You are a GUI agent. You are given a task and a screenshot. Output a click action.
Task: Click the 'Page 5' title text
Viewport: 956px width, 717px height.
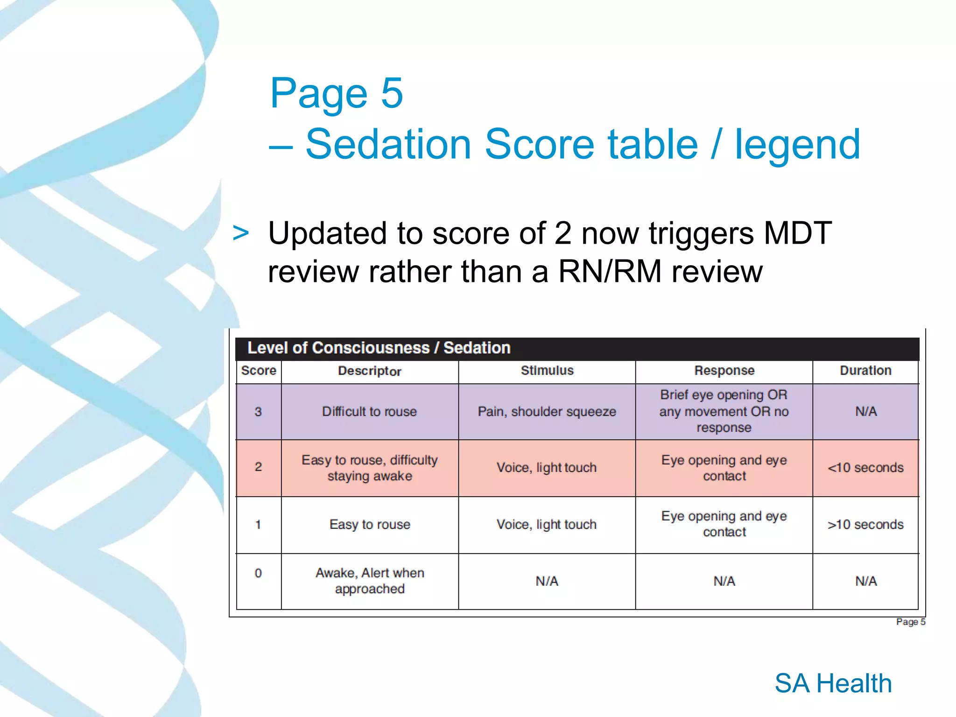click(x=336, y=94)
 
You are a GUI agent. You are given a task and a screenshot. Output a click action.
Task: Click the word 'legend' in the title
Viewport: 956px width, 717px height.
click(x=797, y=144)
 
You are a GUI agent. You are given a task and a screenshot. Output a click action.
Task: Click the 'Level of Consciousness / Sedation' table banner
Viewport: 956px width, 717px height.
click(x=379, y=348)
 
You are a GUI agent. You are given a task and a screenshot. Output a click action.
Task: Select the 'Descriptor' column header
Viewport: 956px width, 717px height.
click(x=369, y=371)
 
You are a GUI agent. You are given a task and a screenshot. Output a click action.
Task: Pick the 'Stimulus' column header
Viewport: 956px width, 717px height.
click(x=547, y=371)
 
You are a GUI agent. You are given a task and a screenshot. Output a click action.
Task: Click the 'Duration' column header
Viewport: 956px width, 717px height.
click(x=865, y=371)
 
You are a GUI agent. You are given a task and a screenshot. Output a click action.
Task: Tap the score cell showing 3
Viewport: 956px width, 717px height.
click(x=258, y=412)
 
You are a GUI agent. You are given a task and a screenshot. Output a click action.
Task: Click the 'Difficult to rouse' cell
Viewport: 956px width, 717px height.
click(x=369, y=412)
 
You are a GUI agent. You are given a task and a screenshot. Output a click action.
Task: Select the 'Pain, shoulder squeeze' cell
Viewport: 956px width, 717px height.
click(x=547, y=412)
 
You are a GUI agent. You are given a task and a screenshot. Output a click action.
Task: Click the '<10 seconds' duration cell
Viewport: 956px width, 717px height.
click(x=865, y=468)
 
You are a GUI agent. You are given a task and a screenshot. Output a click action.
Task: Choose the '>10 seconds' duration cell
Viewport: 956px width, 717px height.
click(x=865, y=525)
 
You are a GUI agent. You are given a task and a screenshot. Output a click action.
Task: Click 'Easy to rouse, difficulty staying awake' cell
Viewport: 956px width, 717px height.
click(x=369, y=468)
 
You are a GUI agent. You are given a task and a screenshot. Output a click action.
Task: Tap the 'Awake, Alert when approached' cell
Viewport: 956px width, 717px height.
click(x=369, y=581)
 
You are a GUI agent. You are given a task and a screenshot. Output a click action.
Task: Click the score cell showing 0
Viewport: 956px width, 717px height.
click(x=258, y=573)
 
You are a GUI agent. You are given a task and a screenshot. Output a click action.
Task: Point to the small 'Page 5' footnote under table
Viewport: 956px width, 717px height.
click(x=910, y=622)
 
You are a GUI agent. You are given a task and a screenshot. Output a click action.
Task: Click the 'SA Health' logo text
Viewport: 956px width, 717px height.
click(x=833, y=683)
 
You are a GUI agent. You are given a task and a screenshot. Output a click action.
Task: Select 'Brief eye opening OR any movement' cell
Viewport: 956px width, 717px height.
click(x=724, y=411)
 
